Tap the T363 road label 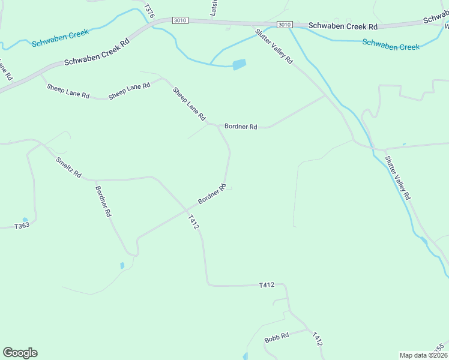(x=22, y=226)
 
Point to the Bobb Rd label (x=277, y=338)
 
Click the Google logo (x=20, y=353)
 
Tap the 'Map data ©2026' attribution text (x=423, y=355)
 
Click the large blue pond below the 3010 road (x=239, y=64)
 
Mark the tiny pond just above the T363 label (x=25, y=220)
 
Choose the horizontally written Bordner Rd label (x=241, y=127)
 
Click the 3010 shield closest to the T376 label (x=179, y=20)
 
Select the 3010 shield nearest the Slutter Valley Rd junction (x=285, y=24)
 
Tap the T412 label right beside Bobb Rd (x=317, y=339)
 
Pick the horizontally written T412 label (x=267, y=285)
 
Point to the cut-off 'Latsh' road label (x=213, y=7)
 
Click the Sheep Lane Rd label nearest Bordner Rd (x=189, y=104)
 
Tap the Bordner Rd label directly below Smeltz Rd (x=103, y=201)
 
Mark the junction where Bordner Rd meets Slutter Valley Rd (x=325, y=95)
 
